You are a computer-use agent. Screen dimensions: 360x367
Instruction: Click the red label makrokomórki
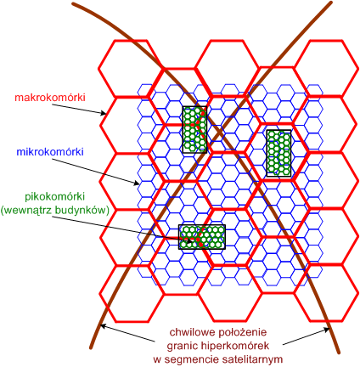50,98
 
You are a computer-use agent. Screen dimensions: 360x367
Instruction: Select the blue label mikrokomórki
50,152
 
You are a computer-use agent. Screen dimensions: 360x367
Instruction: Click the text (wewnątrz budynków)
55,211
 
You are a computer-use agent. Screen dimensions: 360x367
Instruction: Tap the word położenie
242,332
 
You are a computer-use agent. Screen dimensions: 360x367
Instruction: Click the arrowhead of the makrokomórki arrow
104,114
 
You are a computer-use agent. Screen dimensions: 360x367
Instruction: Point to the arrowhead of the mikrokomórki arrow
136,183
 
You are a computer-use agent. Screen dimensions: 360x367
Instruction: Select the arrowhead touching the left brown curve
104,326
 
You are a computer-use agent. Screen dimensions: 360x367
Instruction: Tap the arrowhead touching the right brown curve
327,330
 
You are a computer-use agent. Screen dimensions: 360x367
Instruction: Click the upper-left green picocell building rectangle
194,130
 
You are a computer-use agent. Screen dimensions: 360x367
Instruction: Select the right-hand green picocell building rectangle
278,153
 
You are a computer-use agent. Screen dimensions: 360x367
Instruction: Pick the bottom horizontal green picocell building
202,237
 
